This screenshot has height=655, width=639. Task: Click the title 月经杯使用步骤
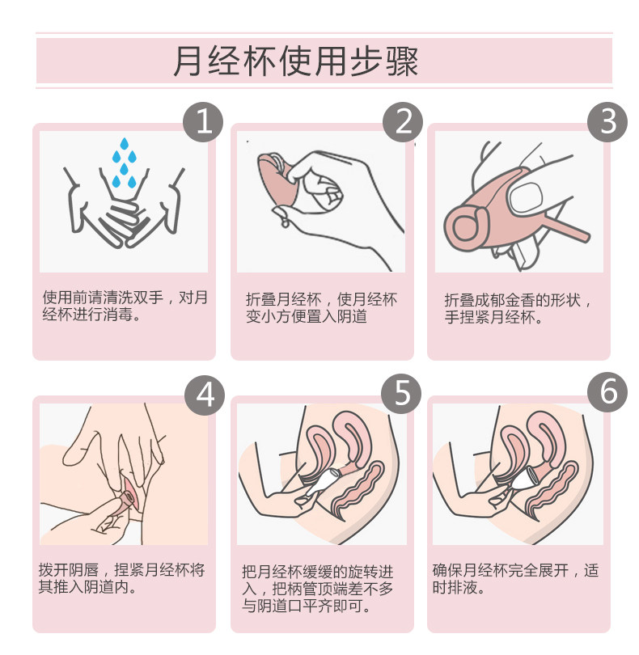click(296, 61)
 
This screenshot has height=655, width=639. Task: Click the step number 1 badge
click(203, 122)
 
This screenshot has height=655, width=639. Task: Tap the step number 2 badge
click(403, 122)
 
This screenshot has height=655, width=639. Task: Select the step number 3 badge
click(607, 122)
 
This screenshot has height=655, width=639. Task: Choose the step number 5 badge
click(401, 394)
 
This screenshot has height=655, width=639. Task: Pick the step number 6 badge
click(607, 392)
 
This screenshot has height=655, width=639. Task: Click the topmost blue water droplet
click(124, 144)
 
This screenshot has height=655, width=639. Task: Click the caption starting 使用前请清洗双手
click(125, 306)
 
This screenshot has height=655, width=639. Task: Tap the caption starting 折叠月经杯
click(321, 308)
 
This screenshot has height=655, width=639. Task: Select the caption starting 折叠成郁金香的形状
click(518, 309)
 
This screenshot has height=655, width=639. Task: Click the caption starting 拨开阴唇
click(121, 578)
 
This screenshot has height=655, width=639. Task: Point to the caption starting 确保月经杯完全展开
click(516, 578)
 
